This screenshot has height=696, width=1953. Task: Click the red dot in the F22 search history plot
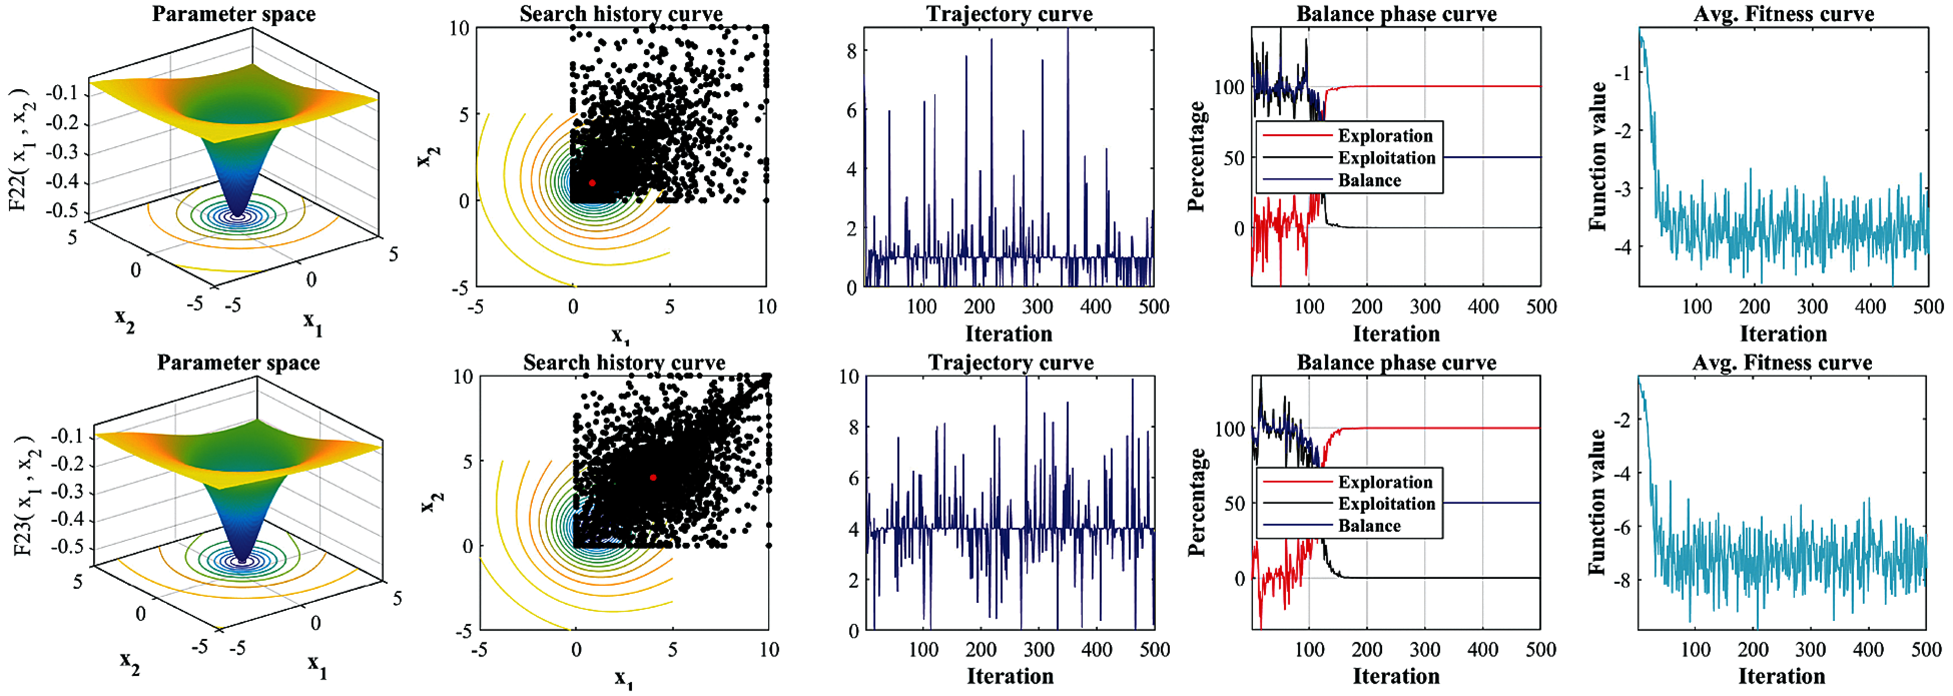point(592,183)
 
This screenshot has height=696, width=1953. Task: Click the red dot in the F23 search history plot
point(653,477)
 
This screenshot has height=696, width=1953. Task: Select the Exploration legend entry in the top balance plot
point(1385,136)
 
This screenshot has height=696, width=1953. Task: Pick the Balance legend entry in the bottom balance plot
point(1369,525)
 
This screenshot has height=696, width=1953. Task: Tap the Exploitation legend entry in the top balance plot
point(1386,158)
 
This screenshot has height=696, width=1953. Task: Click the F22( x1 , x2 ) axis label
point(21,152)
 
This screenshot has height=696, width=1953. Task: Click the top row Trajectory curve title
point(1009,14)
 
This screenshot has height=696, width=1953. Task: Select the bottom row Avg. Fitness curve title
point(1782,363)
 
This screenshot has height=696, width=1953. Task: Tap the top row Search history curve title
point(621,14)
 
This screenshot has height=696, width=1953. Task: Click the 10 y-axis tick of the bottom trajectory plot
point(848,377)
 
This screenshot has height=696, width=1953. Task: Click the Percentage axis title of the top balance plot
point(1196,156)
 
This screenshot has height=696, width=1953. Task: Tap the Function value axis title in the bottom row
point(1597,502)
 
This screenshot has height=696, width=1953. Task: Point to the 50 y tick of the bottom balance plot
point(1234,503)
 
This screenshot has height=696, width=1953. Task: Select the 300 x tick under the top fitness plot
point(1812,306)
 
